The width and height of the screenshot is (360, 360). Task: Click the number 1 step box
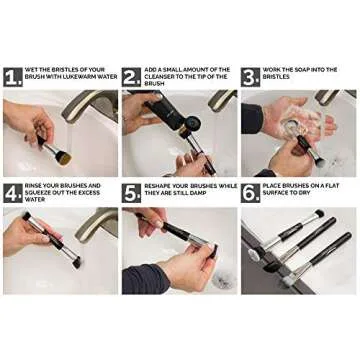(x=13, y=76)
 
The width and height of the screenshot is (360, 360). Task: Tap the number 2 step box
(x=132, y=76)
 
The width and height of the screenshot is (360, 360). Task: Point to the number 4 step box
(x=13, y=192)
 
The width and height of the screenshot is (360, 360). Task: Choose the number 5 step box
(x=132, y=192)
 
